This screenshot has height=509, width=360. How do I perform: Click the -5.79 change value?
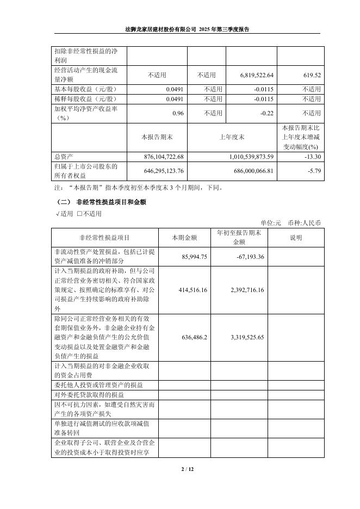[313, 171]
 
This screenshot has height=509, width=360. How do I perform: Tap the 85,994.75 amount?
[194, 257]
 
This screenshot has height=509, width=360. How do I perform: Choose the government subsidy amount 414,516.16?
[193, 290]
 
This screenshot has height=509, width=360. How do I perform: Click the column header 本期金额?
[184, 237]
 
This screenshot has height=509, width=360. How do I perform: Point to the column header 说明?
[296, 237]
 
